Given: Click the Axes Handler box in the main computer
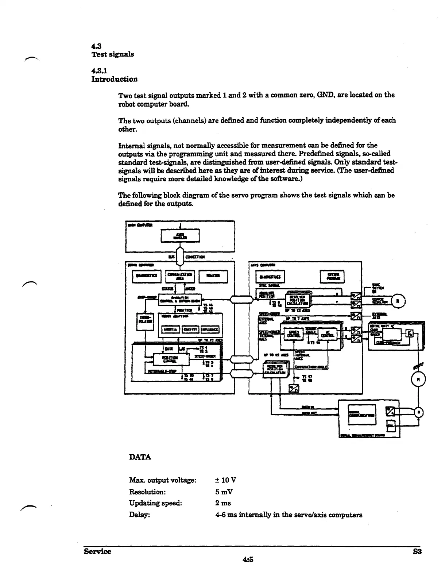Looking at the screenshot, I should [180, 236].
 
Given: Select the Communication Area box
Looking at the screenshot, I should [180, 276].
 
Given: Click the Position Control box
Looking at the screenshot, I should [171, 359].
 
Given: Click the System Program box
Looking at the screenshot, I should [332, 277].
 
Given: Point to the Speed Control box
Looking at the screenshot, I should [294, 334].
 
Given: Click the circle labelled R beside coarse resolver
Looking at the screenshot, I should [398, 301].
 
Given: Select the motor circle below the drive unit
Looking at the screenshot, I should [418, 379].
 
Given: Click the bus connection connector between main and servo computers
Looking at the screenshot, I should [180, 257].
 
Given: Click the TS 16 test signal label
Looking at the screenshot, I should [315, 343].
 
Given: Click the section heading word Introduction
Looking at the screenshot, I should [114, 79].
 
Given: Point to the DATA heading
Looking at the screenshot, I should [140, 457].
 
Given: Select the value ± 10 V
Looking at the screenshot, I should [226, 480].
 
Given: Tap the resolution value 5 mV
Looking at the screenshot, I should [224, 492].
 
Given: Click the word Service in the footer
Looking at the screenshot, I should [97, 551].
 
